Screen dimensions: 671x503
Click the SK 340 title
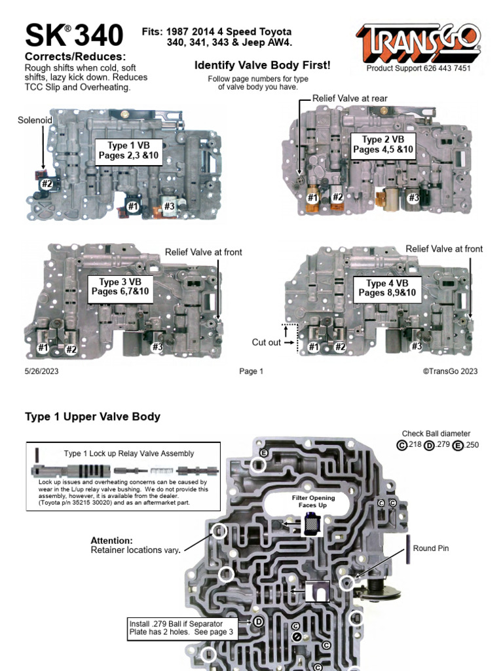point(74,35)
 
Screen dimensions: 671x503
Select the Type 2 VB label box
point(383,145)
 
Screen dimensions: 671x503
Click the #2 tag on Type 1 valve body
point(47,184)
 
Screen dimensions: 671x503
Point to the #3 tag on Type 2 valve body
point(413,197)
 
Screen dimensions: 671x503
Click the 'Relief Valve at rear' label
point(350,98)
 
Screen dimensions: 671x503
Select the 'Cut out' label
point(266,342)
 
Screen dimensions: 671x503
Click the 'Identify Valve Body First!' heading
point(262,66)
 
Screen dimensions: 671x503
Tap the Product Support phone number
point(418,68)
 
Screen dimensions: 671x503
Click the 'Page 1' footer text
point(251,372)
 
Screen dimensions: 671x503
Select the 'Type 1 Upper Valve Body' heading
point(92,417)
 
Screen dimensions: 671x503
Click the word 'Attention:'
point(111,541)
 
